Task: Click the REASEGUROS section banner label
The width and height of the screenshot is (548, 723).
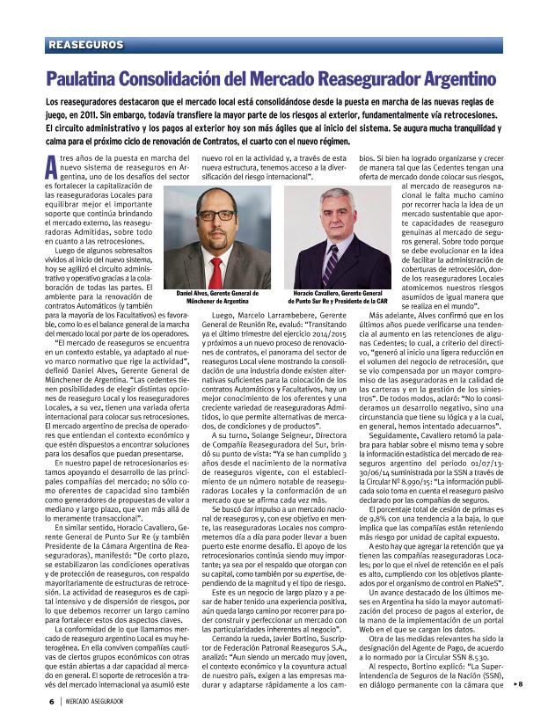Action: coord(86,44)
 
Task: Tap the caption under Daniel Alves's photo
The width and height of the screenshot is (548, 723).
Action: coord(217,296)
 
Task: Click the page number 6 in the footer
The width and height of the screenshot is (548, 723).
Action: coord(51,701)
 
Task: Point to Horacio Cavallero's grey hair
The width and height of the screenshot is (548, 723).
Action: coord(334,197)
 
